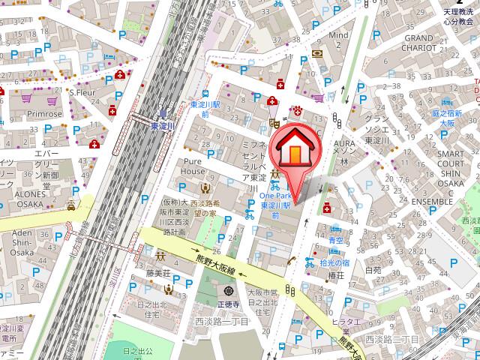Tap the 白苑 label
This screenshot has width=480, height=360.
tap(373, 270)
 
